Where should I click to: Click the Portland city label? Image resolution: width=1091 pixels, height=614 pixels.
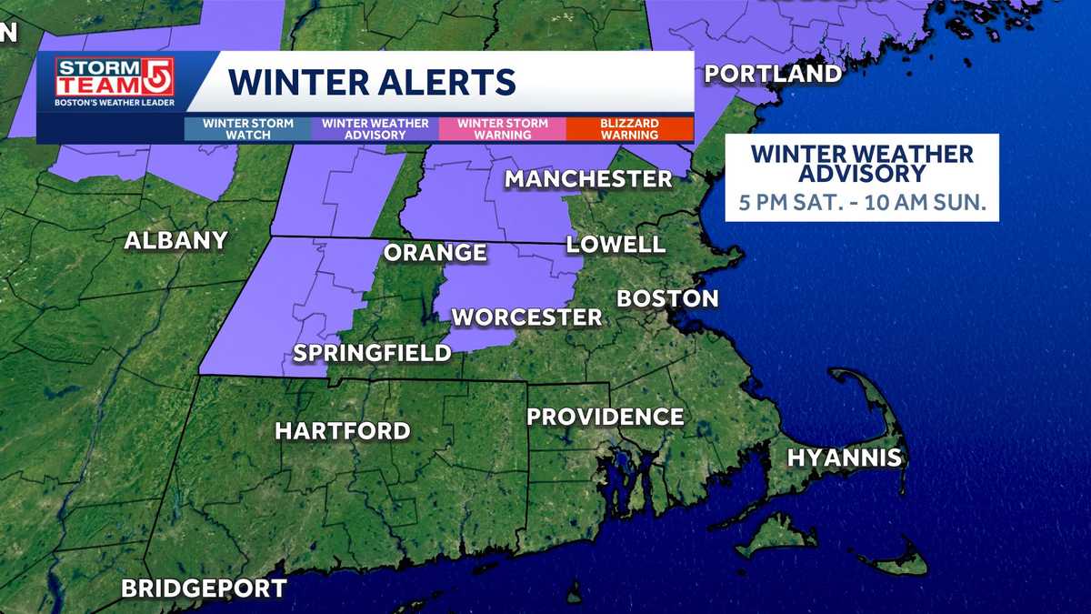coord(773,74)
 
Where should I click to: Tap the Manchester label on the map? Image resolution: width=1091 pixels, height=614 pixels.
coord(588,178)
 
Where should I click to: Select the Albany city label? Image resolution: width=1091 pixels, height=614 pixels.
coord(175,241)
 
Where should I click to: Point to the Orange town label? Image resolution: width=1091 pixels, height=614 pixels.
coord(435,252)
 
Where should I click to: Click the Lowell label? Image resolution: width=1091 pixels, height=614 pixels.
coord(616,244)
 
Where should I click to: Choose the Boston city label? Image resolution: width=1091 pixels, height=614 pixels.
coord(667,298)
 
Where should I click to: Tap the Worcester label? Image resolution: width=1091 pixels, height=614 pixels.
coord(526,317)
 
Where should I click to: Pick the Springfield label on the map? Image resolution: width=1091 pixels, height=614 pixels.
coord(372,353)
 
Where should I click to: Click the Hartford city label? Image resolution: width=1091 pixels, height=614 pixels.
coord(343,430)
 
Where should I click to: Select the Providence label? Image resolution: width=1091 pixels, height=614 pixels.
coord(606,417)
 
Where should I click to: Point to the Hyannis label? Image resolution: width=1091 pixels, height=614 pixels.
coord(845,458)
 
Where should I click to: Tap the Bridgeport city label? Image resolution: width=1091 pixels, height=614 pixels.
coord(205,588)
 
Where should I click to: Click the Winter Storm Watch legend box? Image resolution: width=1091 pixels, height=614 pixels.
coord(247,129)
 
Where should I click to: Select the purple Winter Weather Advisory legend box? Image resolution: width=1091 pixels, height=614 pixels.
coord(375,129)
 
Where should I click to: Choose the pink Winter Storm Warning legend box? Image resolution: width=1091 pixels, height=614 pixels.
coord(503,129)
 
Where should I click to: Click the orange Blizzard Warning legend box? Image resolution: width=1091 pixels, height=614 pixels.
coord(629,129)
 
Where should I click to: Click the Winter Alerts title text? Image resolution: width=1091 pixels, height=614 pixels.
coord(372,82)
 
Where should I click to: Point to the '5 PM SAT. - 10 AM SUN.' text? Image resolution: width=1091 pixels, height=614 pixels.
coord(862,202)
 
